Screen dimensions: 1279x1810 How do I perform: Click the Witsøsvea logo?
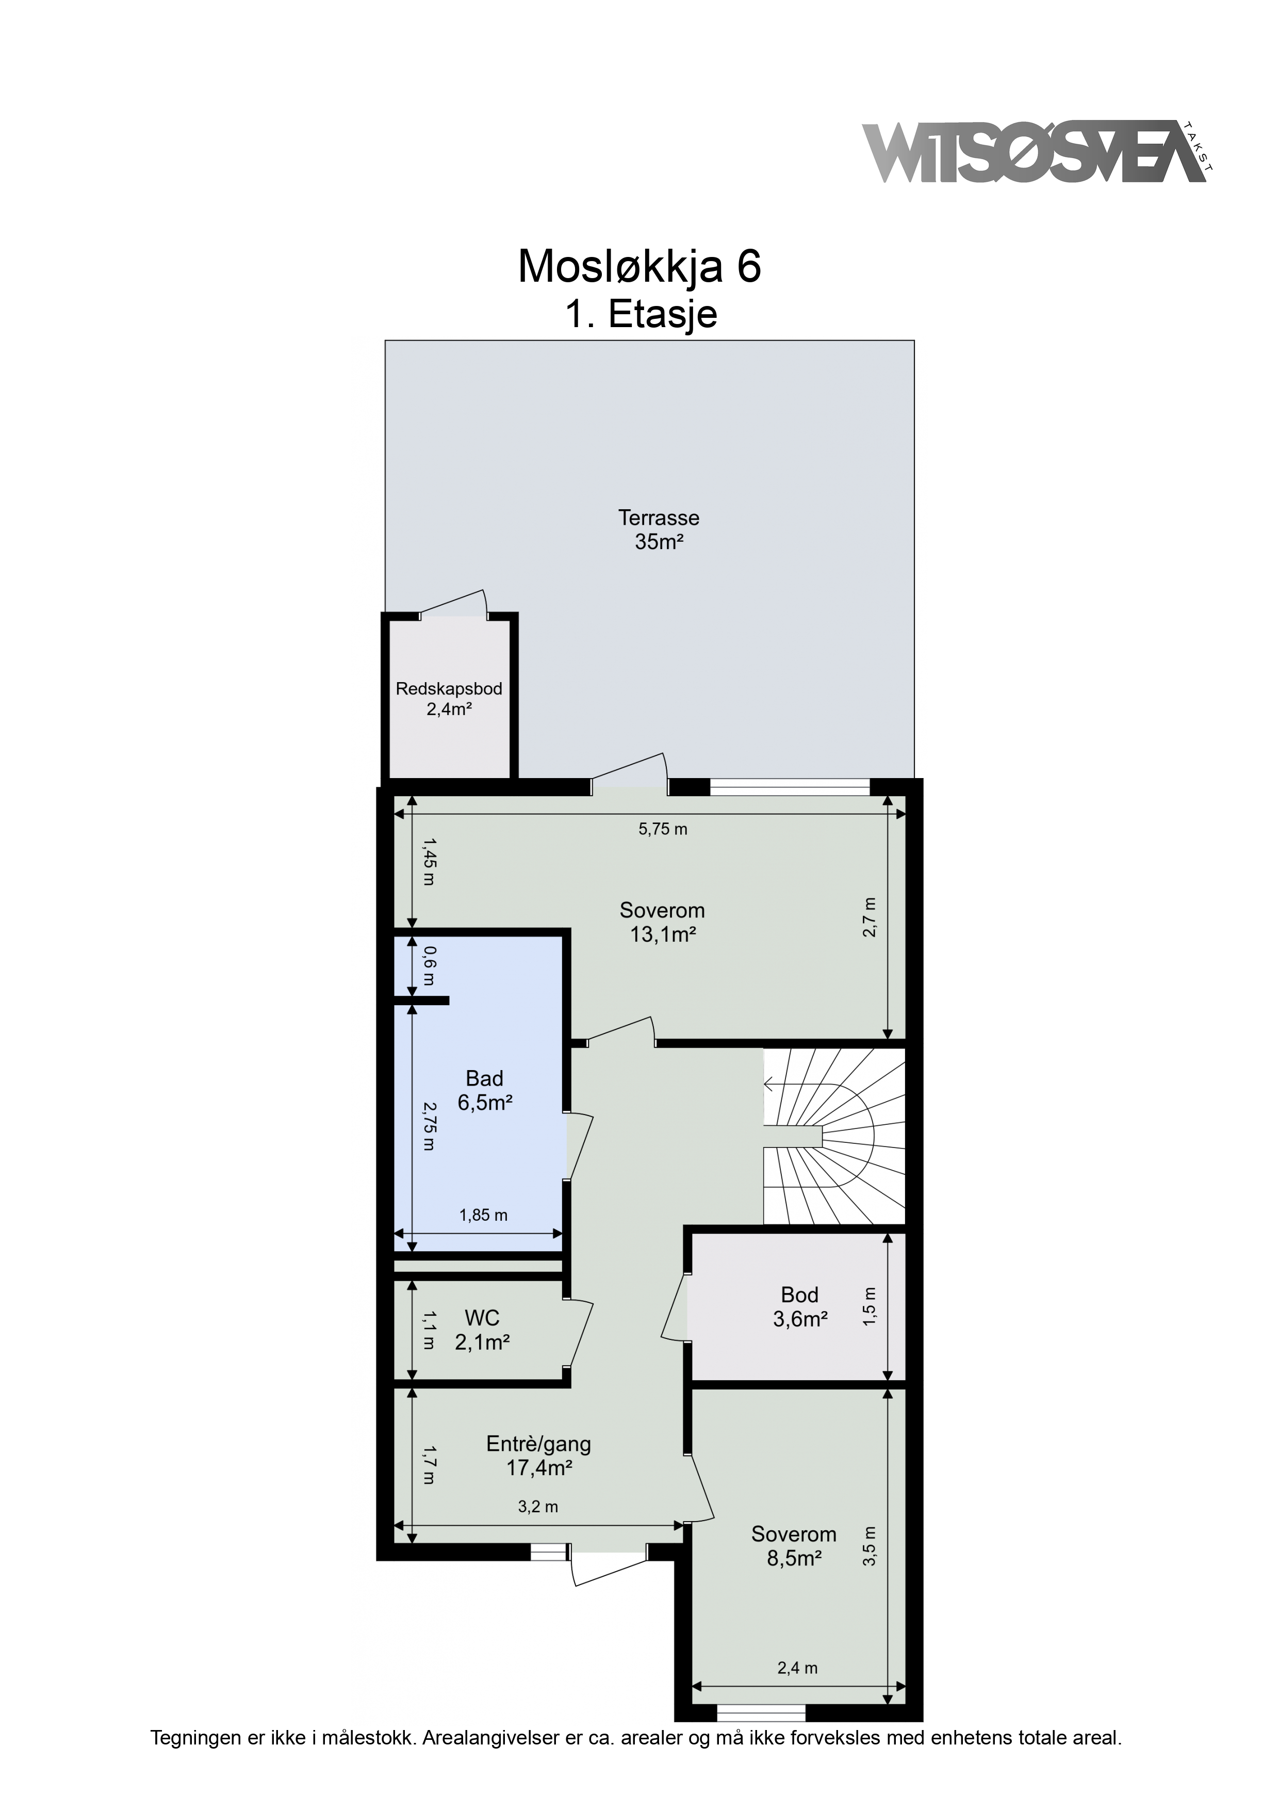click(x=1038, y=152)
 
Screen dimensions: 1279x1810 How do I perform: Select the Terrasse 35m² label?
click(x=659, y=530)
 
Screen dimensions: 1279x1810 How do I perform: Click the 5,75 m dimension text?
click(x=663, y=829)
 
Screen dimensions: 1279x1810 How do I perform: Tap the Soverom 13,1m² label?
click(x=662, y=923)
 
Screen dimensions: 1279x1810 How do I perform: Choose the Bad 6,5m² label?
click(x=485, y=1090)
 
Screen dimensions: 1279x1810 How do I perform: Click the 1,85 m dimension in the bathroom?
click(x=484, y=1215)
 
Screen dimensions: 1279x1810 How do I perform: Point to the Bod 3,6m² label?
click(x=800, y=1306)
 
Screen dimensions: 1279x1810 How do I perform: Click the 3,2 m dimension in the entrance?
click(x=538, y=1507)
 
